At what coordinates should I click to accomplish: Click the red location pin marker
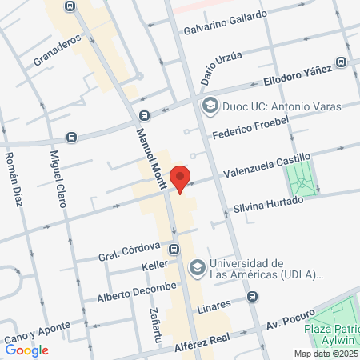[181, 179]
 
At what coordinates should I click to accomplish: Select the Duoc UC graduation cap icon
[210, 105]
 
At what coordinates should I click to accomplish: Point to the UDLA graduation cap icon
[196, 268]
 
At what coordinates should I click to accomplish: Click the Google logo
[27, 350]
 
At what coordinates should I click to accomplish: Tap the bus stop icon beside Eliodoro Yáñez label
[342, 62]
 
